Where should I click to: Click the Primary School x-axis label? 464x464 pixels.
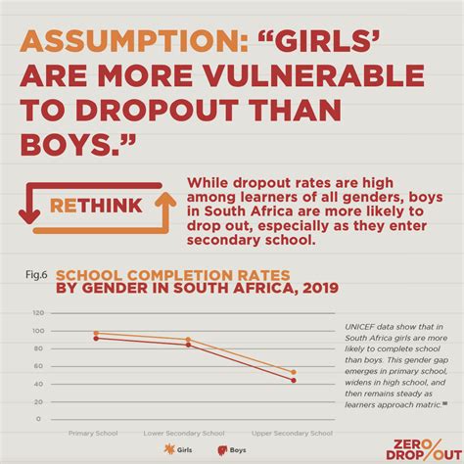coord(95,432)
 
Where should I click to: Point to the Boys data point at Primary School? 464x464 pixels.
coord(95,338)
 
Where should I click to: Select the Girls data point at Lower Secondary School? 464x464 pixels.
coord(188,340)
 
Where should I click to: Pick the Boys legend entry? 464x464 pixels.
coord(231,451)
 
